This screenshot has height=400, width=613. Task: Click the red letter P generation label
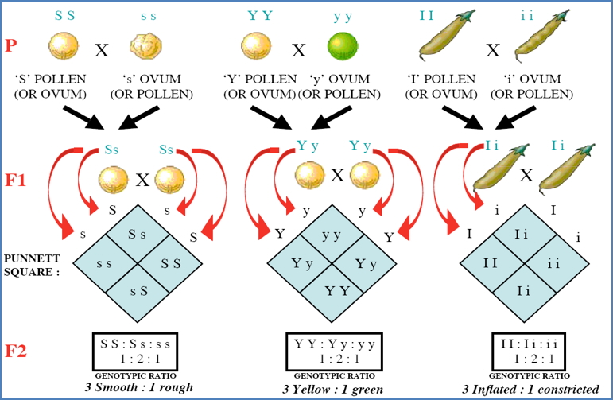tap(10, 45)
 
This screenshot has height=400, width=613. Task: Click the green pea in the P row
tap(344, 45)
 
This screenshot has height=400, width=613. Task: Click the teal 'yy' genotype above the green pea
tap(343, 14)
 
